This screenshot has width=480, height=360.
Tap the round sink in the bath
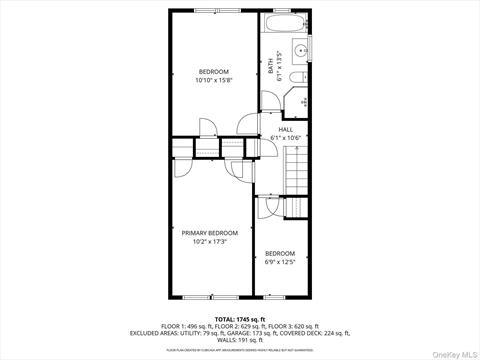tap(300, 49)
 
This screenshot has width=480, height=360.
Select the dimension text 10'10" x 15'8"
tap(214, 80)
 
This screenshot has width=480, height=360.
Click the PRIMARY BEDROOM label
tap(210, 233)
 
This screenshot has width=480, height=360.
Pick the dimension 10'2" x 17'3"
tap(210, 241)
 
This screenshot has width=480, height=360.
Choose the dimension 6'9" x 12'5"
tap(280, 262)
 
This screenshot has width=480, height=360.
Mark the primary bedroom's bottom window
tap(210, 296)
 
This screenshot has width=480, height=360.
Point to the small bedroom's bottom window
tap(281, 296)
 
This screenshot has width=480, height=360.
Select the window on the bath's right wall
tap(311, 48)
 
